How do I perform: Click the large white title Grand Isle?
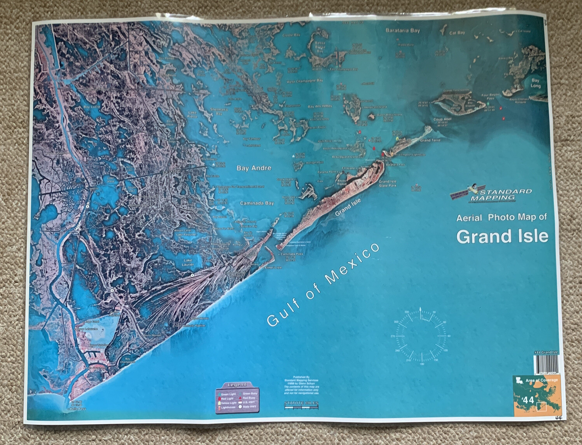(x=502, y=237)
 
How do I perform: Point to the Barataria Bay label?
(x=402, y=30)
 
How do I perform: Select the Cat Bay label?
(x=457, y=33)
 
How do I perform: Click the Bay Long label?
(x=535, y=83)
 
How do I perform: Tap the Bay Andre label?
(x=254, y=168)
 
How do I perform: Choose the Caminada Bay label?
(x=257, y=203)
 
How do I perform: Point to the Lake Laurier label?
(x=188, y=262)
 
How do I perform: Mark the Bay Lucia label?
(x=92, y=107)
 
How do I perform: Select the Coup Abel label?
(x=442, y=119)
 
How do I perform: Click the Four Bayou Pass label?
(x=491, y=96)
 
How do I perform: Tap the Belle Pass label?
(x=78, y=409)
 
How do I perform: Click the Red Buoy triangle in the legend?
(x=240, y=398)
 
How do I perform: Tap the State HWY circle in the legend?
(x=240, y=407)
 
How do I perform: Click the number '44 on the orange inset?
(x=528, y=399)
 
